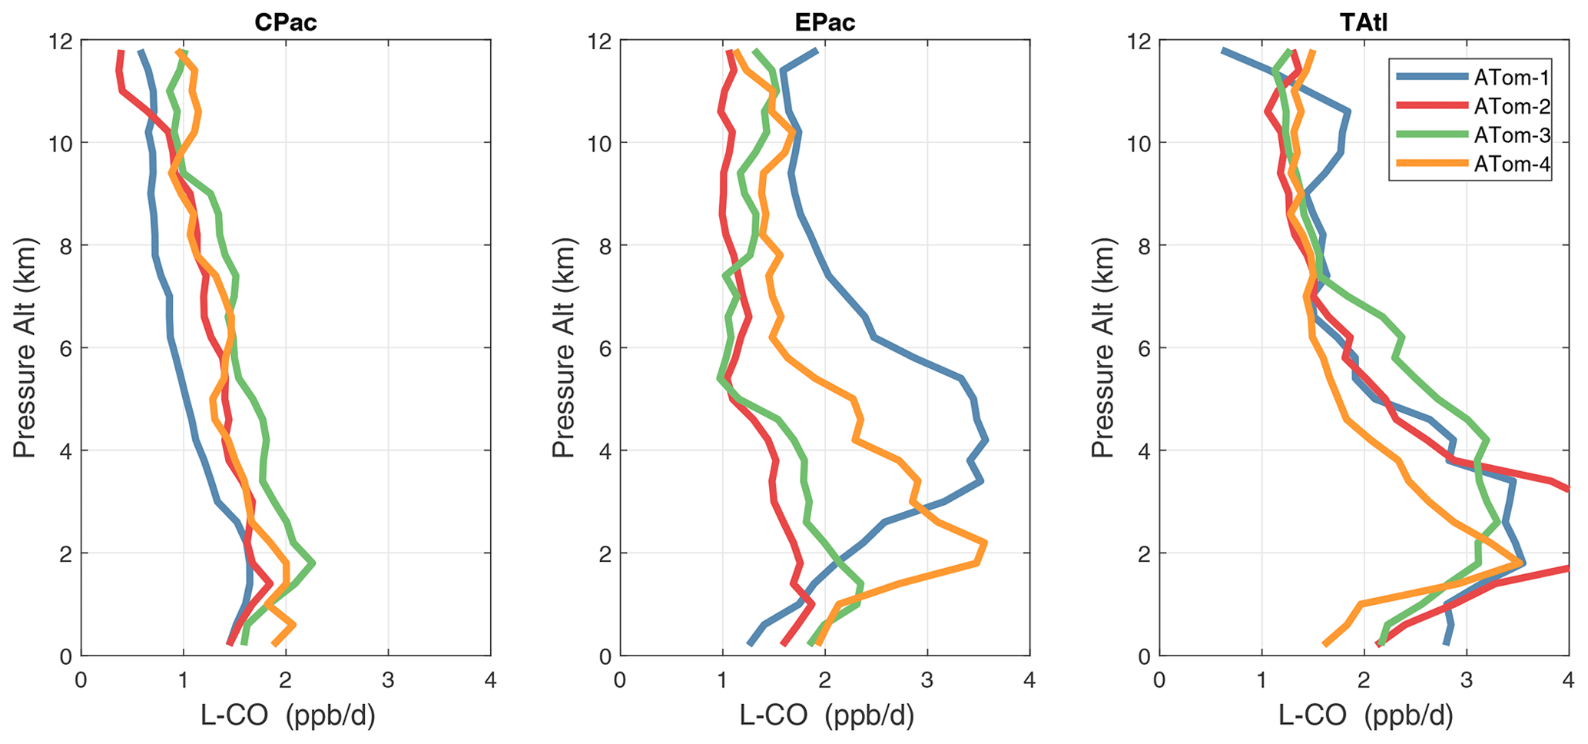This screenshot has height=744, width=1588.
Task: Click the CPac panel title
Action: coord(285,22)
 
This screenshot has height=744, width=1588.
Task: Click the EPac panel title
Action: coord(824,22)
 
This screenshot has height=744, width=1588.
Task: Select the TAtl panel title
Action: coord(1364,22)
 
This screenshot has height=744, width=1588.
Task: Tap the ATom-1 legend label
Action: coord(1510,77)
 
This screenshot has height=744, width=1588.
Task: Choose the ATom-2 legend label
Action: coord(1510,106)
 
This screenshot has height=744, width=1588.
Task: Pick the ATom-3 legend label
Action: coord(1510,135)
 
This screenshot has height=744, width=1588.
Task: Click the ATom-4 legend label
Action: coord(1510,164)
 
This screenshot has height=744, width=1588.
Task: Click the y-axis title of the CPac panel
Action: coord(25,347)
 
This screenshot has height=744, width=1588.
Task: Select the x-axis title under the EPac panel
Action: coord(827,716)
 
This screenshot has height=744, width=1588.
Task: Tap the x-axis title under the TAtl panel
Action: coord(1365,716)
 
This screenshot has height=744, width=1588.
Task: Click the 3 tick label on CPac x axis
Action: coord(388,680)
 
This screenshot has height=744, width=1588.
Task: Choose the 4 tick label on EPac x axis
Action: coord(1029,680)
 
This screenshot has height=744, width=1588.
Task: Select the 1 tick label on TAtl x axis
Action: coord(1261,680)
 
